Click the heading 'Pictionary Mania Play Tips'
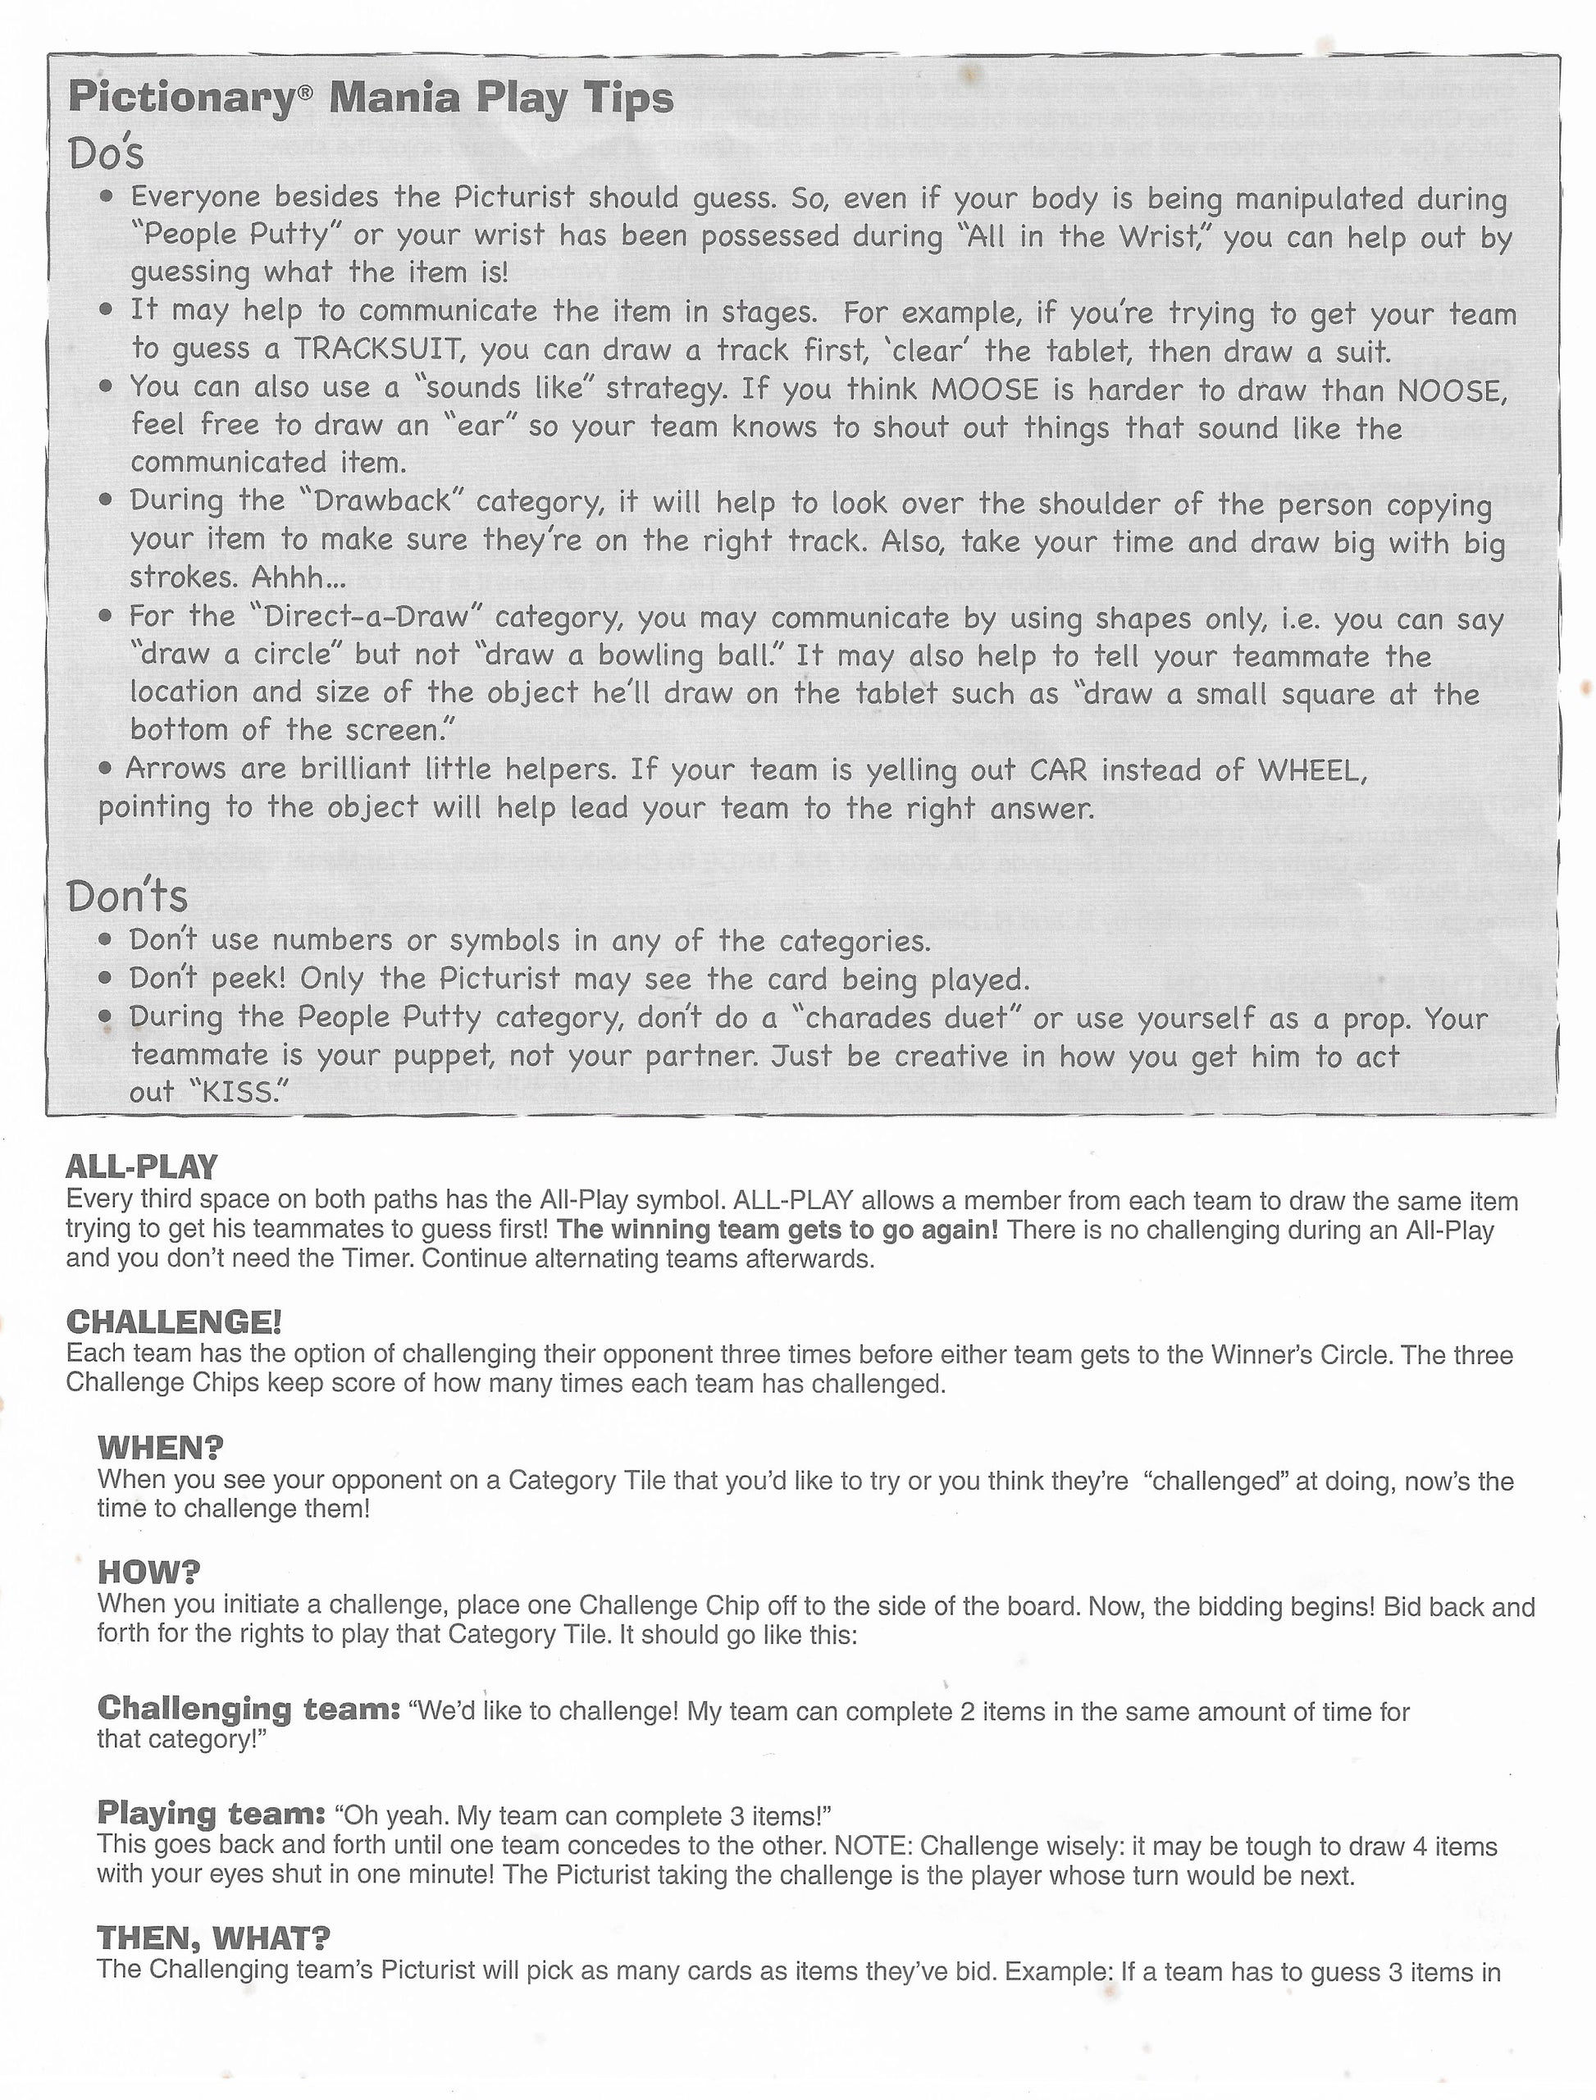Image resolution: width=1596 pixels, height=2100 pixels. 371,98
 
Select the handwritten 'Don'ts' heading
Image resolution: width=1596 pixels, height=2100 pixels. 127,895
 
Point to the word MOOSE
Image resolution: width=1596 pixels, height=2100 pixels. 988,390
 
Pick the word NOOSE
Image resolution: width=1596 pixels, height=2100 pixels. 1452,390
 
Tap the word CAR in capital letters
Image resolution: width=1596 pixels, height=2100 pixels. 1058,769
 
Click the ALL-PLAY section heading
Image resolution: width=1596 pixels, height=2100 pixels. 142,1166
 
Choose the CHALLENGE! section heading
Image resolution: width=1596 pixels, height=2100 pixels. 174,1321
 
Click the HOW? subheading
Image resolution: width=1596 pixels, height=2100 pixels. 148,1572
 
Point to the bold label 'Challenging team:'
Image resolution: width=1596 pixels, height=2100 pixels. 248,1708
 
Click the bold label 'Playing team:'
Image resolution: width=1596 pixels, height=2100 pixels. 211,1813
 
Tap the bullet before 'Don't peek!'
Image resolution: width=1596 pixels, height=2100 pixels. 108,978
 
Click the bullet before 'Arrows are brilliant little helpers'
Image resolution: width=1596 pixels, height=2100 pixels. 107,769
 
